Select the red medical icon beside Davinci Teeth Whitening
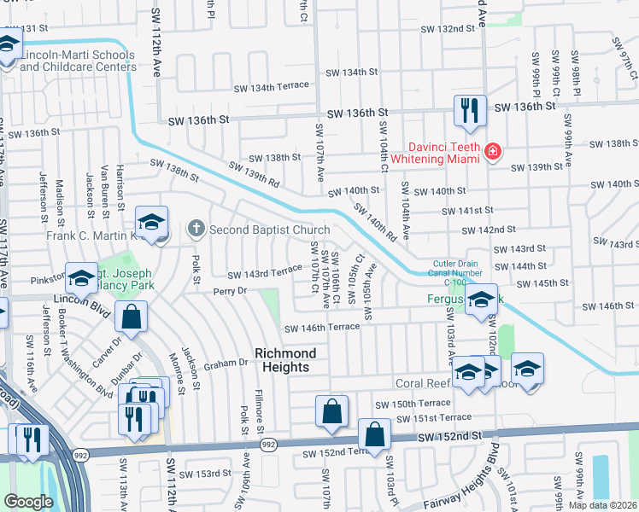[x=492, y=153]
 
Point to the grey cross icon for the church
[x=196, y=229]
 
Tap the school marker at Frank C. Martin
[x=151, y=224]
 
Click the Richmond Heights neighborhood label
[x=285, y=360]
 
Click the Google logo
[x=28, y=501]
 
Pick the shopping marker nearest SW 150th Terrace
[x=331, y=412]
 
